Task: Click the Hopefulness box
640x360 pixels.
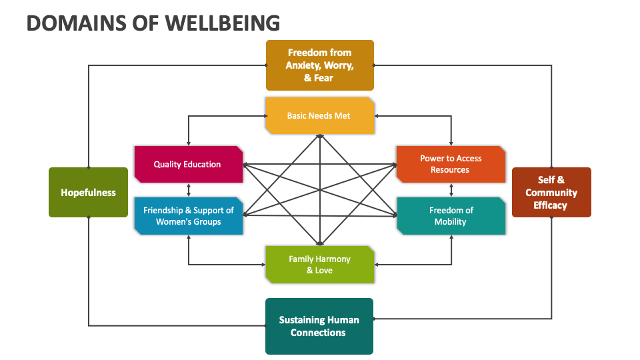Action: coord(88,193)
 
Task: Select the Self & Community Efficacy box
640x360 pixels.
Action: coord(551,193)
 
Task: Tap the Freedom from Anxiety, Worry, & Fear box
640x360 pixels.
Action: coord(319,65)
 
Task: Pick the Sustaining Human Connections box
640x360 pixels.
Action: coord(319,326)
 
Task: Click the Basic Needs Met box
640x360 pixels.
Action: coord(319,116)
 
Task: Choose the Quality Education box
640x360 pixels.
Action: coord(187,164)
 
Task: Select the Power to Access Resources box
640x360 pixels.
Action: coord(450,164)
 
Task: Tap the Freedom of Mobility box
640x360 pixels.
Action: coord(451,215)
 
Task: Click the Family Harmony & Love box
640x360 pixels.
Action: coord(319,265)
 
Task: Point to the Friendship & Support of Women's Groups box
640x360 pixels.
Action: coord(188,215)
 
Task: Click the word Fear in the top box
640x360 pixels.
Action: coord(323,78)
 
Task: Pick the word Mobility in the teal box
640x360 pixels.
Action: coord(451,221)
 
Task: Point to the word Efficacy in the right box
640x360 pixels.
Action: coord(551,205)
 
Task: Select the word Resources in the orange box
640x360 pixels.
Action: coord(450,170)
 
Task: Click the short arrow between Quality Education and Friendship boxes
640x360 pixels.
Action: coord(188,190)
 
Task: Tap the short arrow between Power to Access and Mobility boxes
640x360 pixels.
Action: coord(451,190)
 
